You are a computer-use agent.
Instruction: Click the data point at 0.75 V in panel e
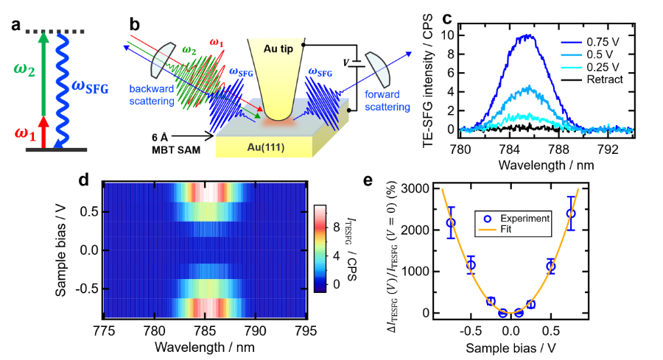pyautogui.click(x=570, y=213)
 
